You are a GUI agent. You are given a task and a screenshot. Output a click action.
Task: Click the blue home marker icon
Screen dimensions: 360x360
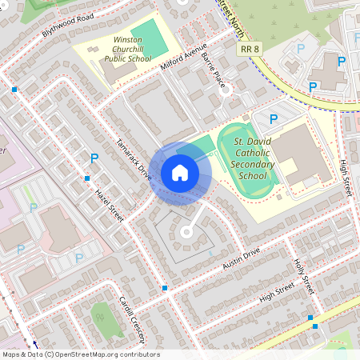coord(180,172)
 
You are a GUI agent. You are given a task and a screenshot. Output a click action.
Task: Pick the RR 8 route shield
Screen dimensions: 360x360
coord(250,50)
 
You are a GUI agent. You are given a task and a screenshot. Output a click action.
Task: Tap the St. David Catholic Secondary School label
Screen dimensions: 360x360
coord(261,158)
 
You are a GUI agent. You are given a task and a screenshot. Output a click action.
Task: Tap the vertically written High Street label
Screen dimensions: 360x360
coord(346,178)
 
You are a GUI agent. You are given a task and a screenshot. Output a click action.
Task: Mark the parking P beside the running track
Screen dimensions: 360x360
coord(274,119)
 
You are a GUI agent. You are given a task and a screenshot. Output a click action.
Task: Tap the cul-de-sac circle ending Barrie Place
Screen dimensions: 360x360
coord(226,90)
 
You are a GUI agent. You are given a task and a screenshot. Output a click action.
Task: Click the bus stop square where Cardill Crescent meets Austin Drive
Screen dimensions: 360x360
coord(165,287)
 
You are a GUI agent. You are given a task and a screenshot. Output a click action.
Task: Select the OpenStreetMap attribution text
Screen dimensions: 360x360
coord(80,354)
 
